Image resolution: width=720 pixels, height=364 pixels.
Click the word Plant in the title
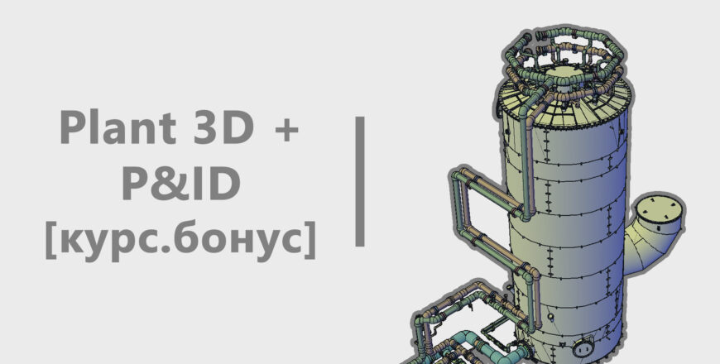click(118, 127)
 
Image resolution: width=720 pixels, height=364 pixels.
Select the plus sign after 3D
click(286, 129)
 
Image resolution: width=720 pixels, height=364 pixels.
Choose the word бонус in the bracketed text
click(246, 239)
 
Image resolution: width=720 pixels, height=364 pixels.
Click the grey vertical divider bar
click(360, 181)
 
